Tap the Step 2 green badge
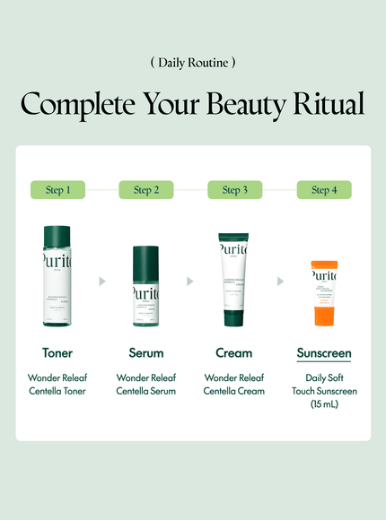146,189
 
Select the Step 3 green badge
234,189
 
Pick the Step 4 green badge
324,189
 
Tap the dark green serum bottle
145,287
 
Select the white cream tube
233,282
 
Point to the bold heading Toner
57,353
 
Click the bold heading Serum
146,353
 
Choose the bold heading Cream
233,353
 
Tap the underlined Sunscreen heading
324,353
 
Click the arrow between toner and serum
102,282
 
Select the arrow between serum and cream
190,282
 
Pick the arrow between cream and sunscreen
280,282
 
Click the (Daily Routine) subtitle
193,63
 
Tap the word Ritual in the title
327,104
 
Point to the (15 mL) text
324,404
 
